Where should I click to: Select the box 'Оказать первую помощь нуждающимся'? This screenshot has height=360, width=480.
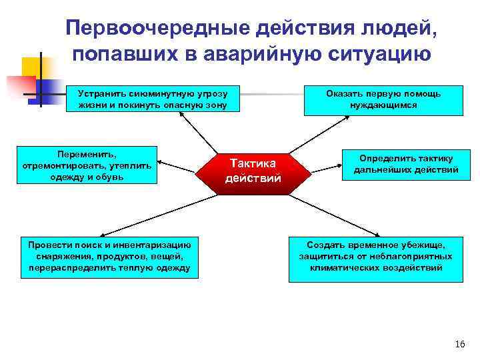point(383,99)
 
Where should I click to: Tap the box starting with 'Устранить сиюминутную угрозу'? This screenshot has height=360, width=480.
point(152,99)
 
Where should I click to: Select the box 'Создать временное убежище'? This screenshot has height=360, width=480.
point(376,257)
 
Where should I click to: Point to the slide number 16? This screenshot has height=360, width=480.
point(459,344)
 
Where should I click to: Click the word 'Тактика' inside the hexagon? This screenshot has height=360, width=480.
point(253,162)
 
